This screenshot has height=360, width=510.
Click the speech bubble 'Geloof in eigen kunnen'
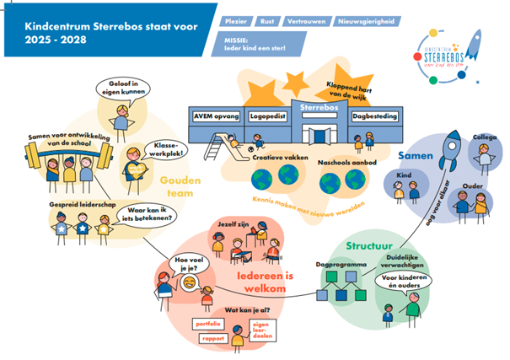(x=120, y=88)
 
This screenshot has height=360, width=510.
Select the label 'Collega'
(x=484, y=137)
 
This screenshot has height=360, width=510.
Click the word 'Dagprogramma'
(x=342, y=265)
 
